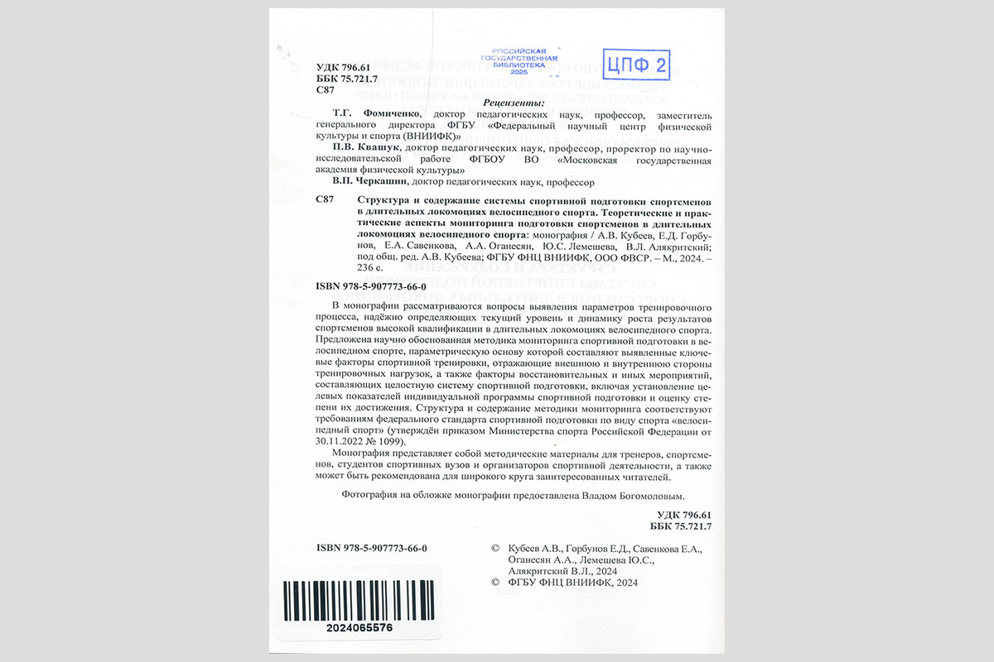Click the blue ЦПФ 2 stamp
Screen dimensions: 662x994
click(x=637, y=63)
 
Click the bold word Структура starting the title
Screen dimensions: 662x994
click(x=384, y=201)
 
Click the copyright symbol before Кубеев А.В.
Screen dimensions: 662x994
click(x=495, y=549)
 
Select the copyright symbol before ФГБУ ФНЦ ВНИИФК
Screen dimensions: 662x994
click(x=495, y=583)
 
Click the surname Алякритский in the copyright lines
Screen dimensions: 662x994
click(x=538, y=571)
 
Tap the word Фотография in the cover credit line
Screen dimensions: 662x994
click(x=370, y=496)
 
